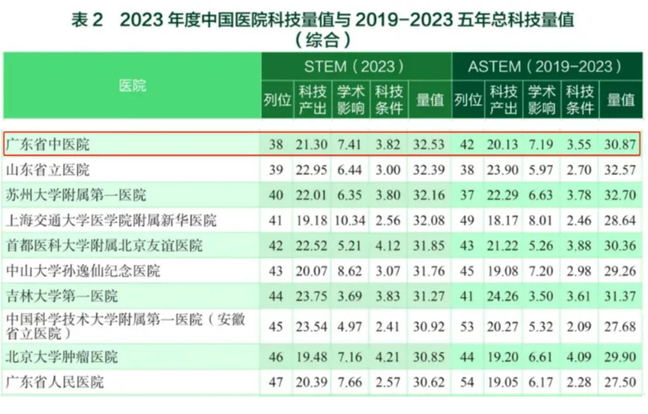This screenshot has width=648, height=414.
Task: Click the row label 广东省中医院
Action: (48, 144)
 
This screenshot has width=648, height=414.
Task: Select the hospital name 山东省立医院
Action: (48, 170)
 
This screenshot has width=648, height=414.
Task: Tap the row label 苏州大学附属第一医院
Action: (76, 195)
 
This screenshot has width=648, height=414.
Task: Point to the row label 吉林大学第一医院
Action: (62, 296)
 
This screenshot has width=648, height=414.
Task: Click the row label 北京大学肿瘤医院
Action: (62, 357)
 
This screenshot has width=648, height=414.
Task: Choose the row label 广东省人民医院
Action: (55, 382)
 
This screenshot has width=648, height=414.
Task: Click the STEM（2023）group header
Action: (355, 66)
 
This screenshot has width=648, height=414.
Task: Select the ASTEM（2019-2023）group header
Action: (545, 66)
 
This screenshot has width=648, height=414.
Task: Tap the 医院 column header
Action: (132, 86)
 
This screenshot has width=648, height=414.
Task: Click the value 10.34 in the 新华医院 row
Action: (350, 221)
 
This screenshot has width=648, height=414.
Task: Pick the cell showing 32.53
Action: (429, 144)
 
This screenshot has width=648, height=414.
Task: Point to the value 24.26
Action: (502, 296)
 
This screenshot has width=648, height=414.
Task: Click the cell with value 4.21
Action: (388, 357)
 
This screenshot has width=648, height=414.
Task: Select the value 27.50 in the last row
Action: (620, 382)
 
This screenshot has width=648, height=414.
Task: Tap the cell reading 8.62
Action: (350, 271)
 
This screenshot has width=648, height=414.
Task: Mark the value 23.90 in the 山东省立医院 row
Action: (502, 170)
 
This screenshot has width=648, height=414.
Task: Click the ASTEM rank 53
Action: (467, 327)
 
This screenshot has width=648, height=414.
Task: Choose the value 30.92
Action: (429, 327)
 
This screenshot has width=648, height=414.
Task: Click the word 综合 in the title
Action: (323, 40)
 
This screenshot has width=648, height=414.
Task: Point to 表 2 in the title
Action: (87, 19)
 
